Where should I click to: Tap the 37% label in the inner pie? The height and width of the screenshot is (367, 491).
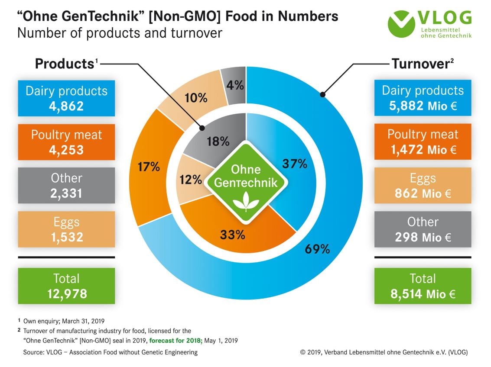click(x=295, y=164)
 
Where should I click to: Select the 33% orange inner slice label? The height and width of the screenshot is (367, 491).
click(x=233, y=235)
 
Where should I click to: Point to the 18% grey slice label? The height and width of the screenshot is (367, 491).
click(x=218, y=142)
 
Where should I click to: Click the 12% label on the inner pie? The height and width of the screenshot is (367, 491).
click(x=190, y=179)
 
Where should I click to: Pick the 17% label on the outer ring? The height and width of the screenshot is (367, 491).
click(x=149, y=167)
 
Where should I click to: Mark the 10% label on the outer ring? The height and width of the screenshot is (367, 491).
click(x=195, y=98)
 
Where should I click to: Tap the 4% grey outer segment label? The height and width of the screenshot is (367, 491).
click(x=235, y=85)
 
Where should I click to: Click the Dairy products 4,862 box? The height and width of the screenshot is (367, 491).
click(x=66, y=98)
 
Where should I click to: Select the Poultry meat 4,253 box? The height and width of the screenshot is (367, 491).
click(x=66, y=142)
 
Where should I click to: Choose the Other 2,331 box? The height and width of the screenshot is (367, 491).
click(x=66, y=185)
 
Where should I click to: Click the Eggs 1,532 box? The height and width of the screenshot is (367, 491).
click(x=66, y=229)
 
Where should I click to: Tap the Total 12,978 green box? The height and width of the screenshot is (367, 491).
click(x=66, y=286)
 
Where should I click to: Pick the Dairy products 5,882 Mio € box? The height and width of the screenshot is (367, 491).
click(x=423, y=98)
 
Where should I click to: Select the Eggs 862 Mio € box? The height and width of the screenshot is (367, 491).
click(x=423, y=185)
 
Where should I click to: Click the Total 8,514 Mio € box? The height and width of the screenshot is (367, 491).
click(x=423, y=286)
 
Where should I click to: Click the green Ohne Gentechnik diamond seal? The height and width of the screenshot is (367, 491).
click(x=246, y=179)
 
